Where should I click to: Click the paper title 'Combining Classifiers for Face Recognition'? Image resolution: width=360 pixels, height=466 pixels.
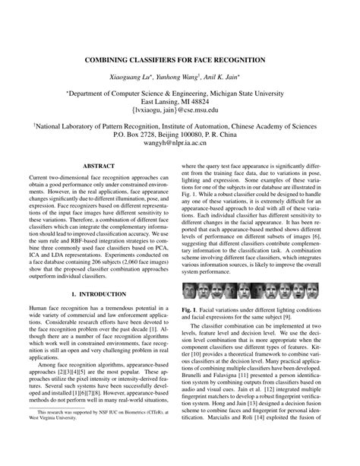[x=180, y=58]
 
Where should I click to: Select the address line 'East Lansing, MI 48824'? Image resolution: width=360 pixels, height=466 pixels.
[x=180, y=100]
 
